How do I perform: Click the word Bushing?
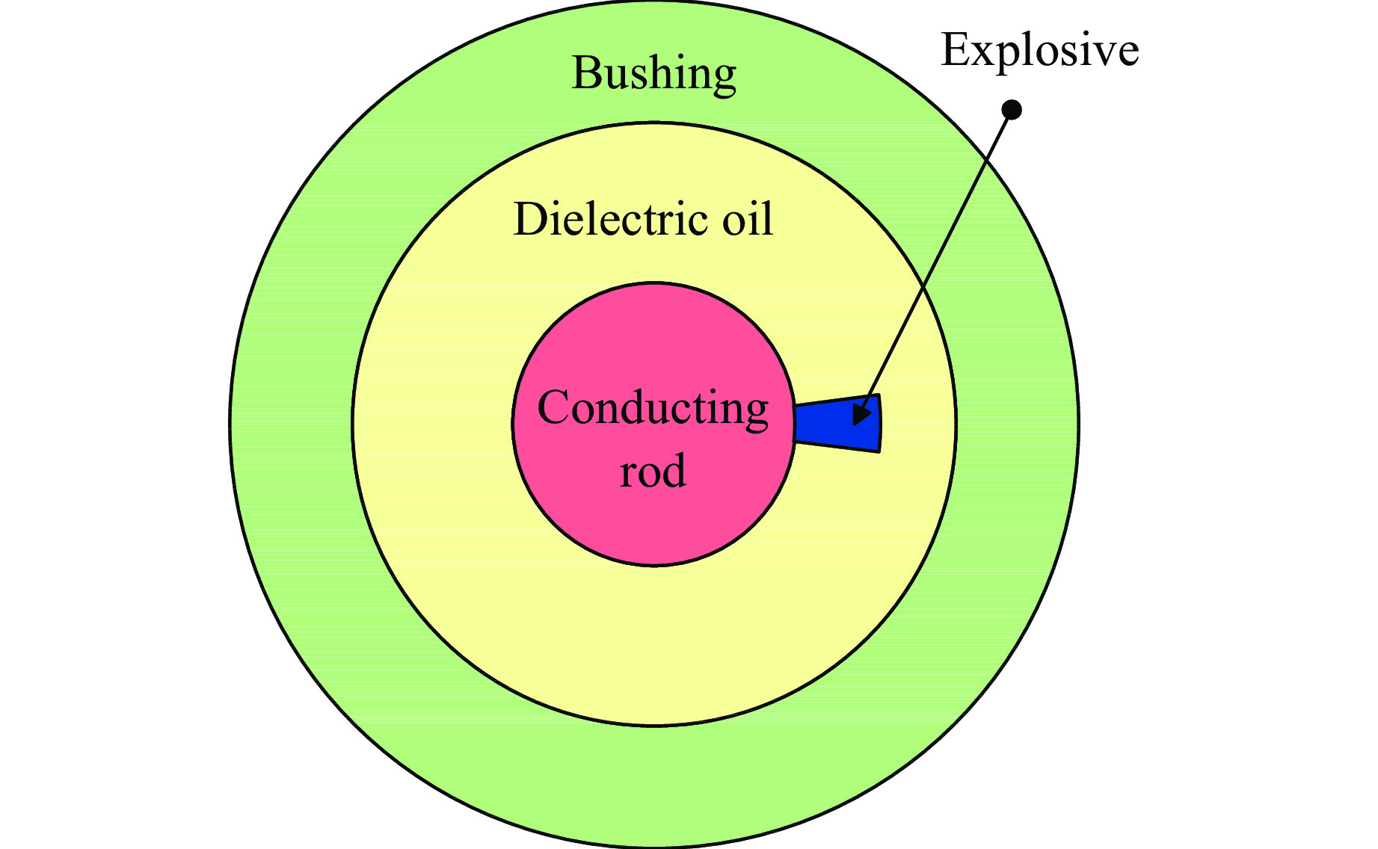point(654,74)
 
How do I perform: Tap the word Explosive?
point(1039,51)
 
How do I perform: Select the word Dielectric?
point(610,220)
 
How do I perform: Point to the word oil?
point(747,220)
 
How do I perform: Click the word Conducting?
point(653,410)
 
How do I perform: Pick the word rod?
point(653,472)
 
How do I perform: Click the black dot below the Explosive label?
point(1012,110)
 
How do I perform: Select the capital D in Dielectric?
point(529,220)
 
